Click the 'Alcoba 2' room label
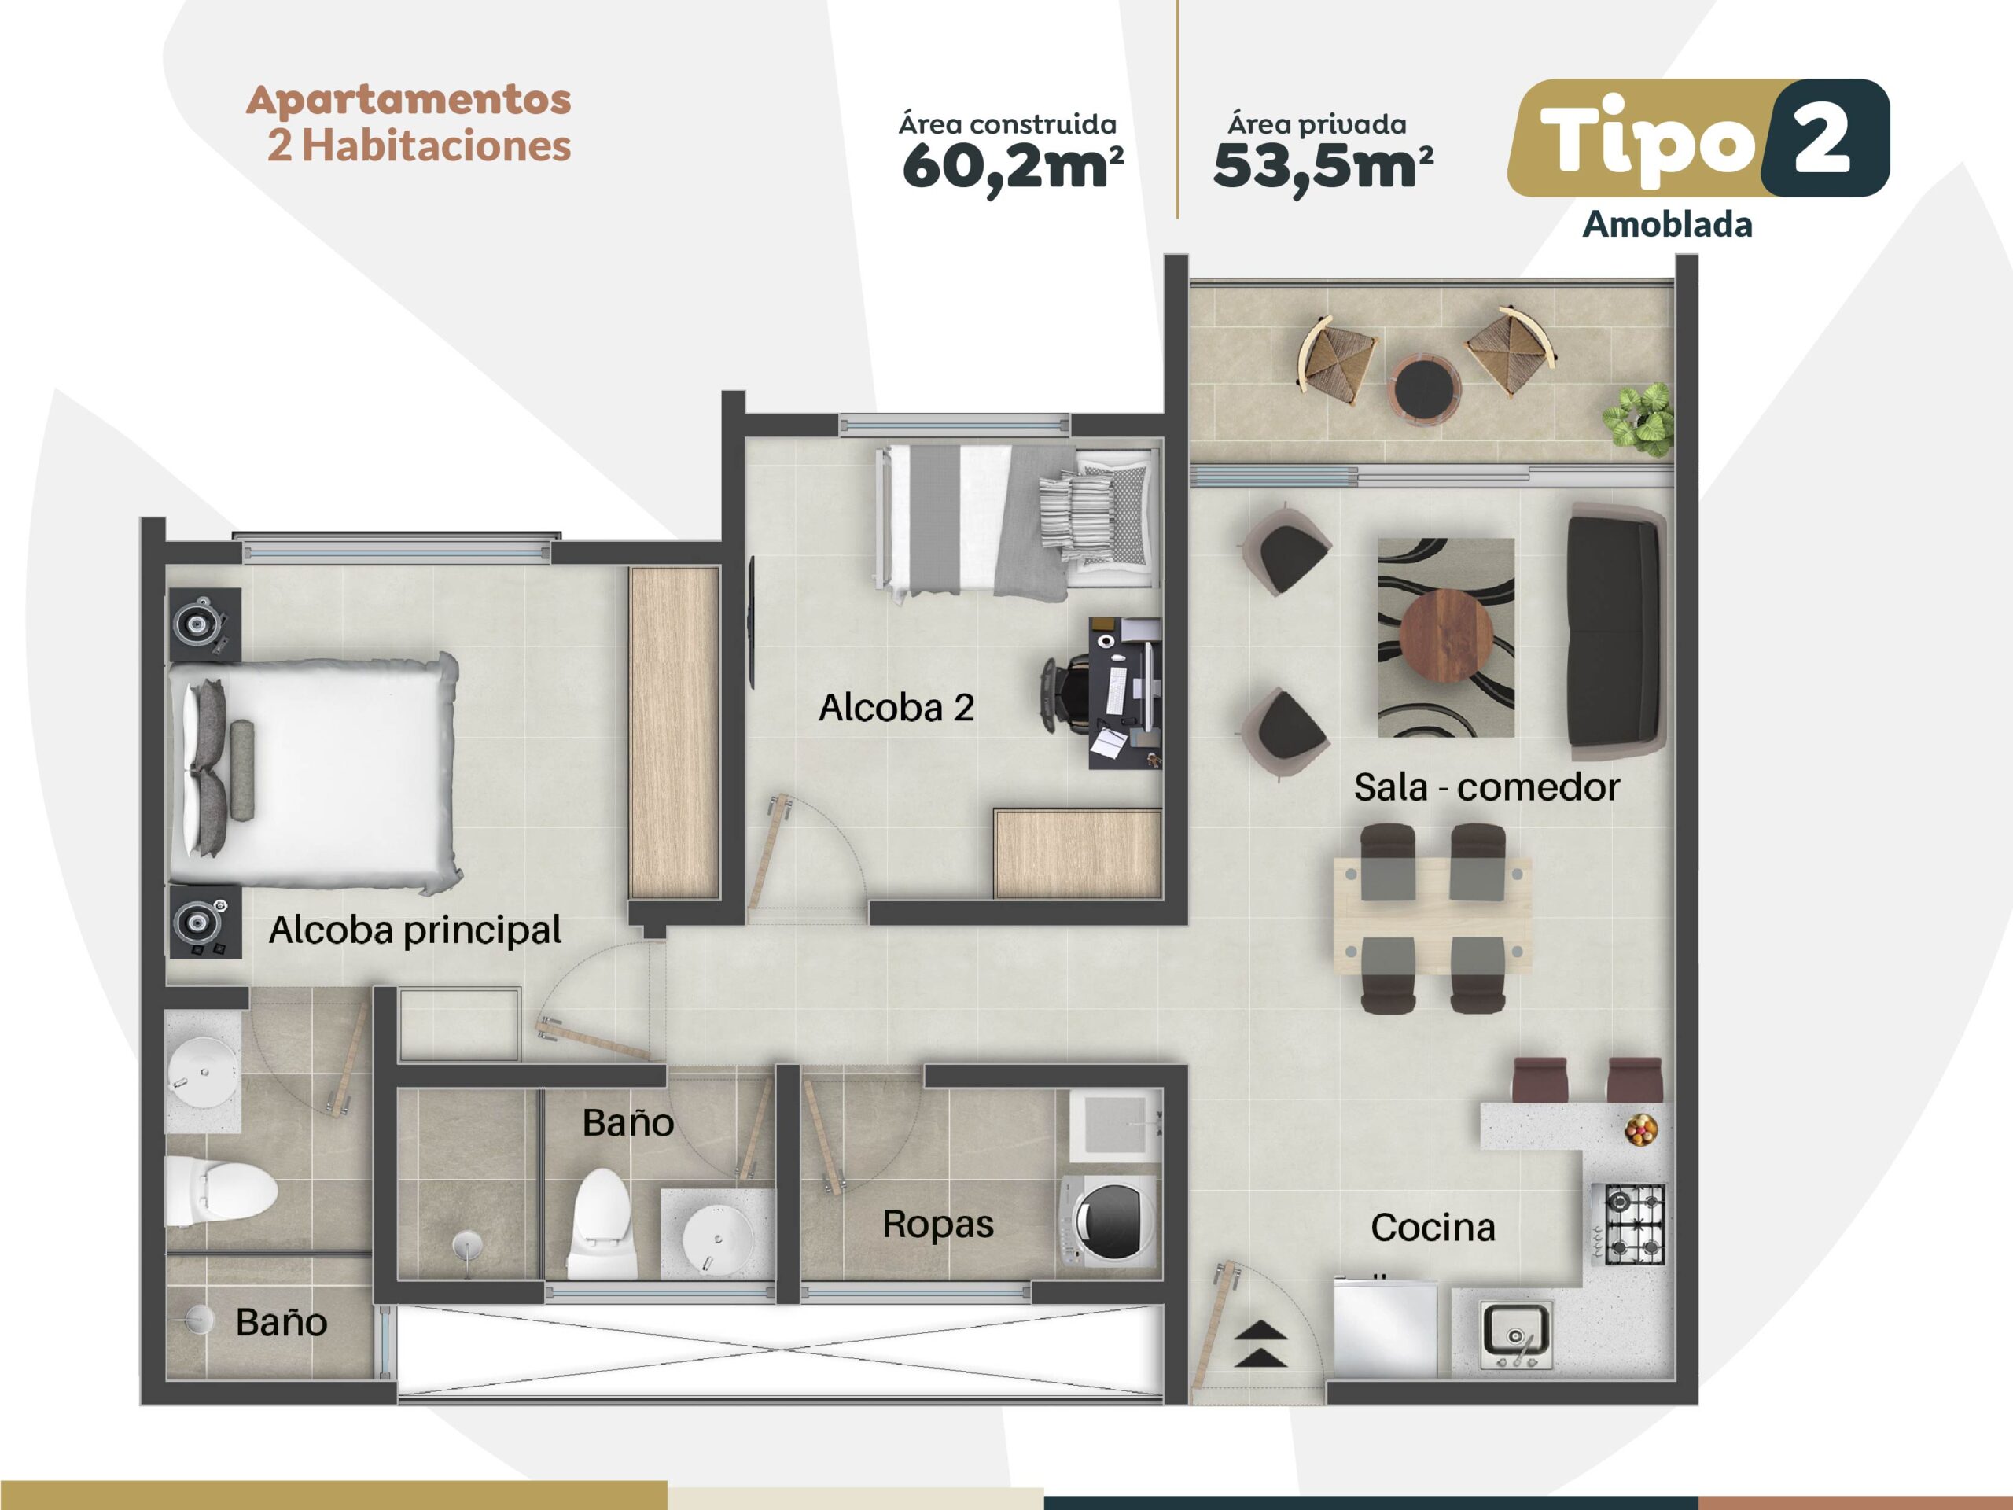coord(896,707)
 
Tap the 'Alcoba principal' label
coord(415,930)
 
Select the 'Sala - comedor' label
coord(1486,787)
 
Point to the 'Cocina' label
coord(1433,1227)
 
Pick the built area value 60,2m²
coord(1012,168)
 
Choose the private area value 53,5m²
coord(1323,168)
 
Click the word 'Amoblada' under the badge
coord(1667,225)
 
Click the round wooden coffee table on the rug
coord(1445,635)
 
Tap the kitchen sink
coord(1515,1333)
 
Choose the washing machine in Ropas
coord(1110,1221)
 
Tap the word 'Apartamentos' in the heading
coord(409,99)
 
